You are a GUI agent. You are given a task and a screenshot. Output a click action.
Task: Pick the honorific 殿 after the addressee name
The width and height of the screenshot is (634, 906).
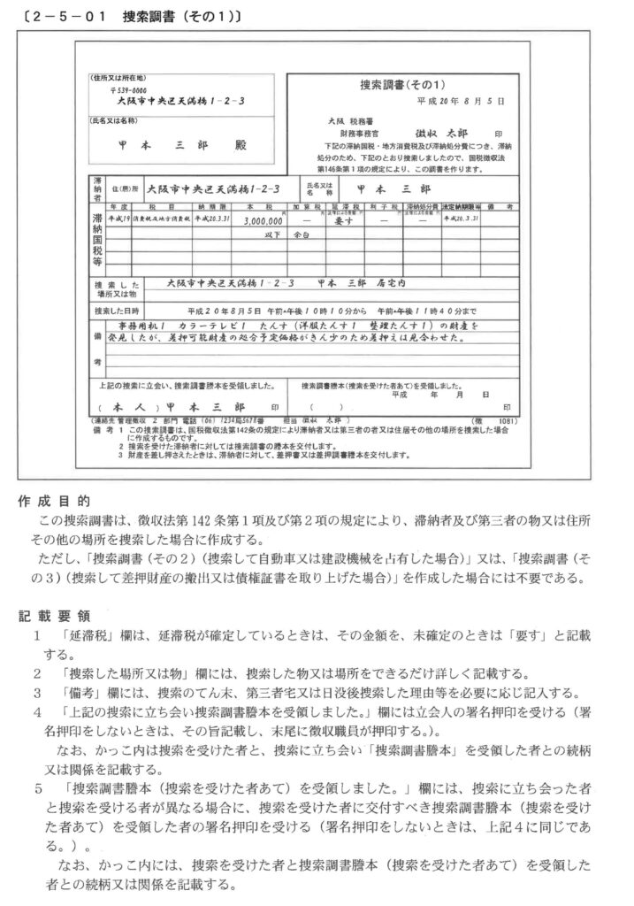point(241,145)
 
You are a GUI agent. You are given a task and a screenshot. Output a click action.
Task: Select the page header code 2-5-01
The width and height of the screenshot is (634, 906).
point(64,17)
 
